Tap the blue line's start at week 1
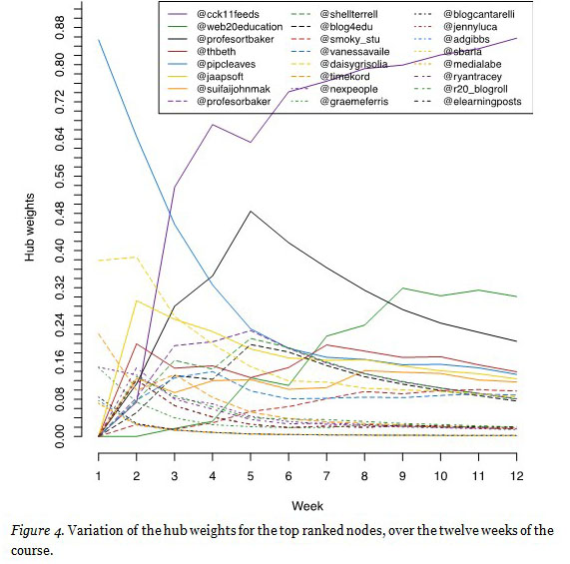coord(98,40)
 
